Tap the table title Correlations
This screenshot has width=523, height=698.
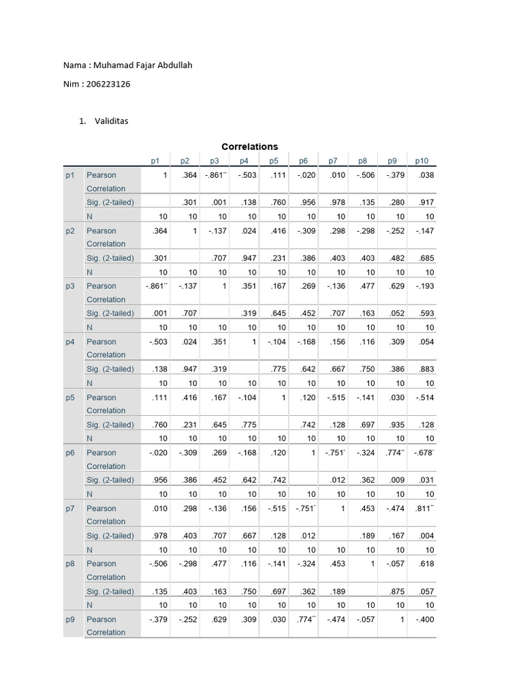[x=249, y=147]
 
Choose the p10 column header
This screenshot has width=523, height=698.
[x=422, y=161]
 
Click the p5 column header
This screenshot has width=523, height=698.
[x=273, y=161]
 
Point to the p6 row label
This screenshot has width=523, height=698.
[x=70, y=453]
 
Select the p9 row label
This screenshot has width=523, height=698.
[x=70, y=619]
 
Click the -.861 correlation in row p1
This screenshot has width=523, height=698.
[x=215, y=175]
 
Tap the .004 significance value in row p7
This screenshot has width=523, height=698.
[x=426, y=536]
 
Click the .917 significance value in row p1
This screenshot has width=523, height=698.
[x=426, y=202]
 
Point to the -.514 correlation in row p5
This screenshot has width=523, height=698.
[x=424, y=397]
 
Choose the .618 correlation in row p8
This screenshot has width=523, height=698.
[x=426, y=564]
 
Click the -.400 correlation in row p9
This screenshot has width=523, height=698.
[x=424, y=619]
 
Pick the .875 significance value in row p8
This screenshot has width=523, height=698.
[x=396, y=592]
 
